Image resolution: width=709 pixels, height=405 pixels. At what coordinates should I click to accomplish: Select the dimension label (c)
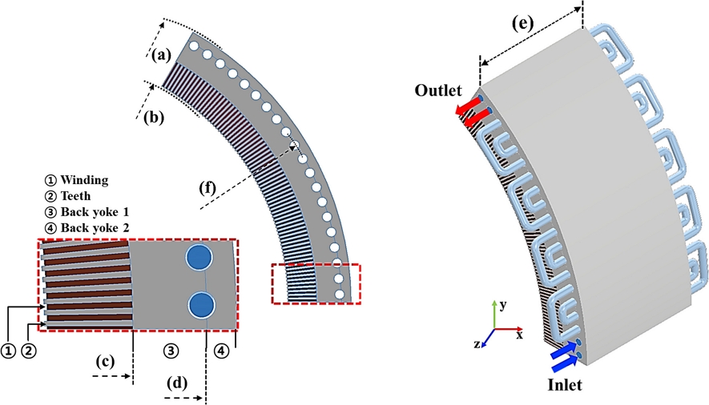coord(105,360)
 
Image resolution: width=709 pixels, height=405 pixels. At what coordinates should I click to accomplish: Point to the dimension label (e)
coord(524,23)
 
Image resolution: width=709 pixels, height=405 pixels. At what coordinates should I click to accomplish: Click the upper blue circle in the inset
coord(199,258)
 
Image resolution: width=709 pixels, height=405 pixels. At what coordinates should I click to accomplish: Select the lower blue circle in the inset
coord(201,305)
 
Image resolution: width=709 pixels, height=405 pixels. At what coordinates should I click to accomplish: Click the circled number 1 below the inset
coord(9,349)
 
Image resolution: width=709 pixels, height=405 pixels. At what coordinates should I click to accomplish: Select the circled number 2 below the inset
coord(28,349)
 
